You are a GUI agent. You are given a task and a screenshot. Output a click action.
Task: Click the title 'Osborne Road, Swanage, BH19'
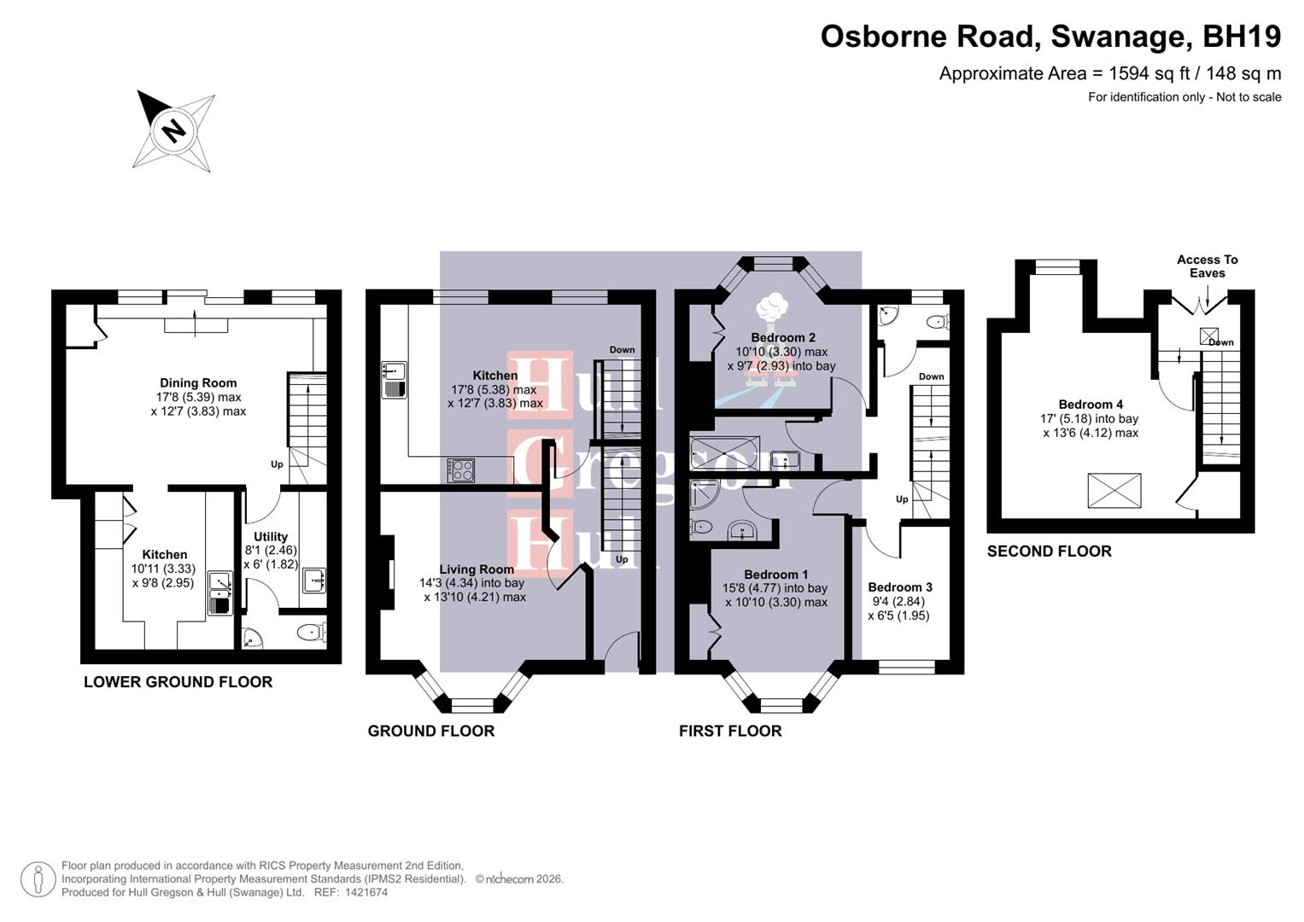pos(1050,37)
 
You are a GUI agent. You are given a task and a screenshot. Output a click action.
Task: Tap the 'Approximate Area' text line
pos(1109,73)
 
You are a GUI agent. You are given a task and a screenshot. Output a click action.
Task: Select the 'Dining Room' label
pos(198,383)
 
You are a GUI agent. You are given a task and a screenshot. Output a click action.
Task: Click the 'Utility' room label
pos(271,537)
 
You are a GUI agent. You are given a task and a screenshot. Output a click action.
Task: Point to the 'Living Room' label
pos(477,569)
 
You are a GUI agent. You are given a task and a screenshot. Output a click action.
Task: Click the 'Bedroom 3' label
pos(899,587)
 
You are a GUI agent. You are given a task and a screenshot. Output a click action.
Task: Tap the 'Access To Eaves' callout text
pos(1207,266)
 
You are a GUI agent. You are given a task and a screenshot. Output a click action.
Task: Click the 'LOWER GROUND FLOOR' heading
pos(178,682)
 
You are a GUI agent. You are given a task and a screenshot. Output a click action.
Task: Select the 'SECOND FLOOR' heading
pos(1049,551)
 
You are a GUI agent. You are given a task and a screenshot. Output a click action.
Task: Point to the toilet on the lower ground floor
pos(310,633)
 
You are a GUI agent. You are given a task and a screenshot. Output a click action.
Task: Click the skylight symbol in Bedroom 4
pos(1114,491)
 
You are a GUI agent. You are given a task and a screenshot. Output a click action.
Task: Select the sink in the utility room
pos(313,581)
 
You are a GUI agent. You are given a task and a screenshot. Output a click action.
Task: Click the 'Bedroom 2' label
pos(782,337)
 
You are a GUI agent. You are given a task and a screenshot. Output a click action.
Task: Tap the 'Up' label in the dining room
pos(277,464)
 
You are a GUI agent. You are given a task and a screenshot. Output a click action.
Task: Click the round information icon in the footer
pos(38,879)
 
